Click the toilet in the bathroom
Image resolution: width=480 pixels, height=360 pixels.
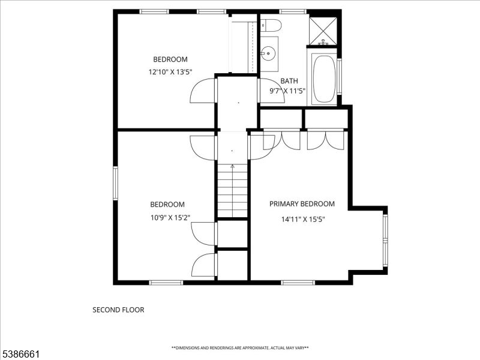coord(271,25)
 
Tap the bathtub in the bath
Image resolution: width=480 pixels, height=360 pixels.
coord(324,79)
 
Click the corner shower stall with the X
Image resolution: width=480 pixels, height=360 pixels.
coord(323,29)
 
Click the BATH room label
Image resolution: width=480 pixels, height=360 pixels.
coord(289,80)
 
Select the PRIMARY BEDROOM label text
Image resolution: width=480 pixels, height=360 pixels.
coord(302,204)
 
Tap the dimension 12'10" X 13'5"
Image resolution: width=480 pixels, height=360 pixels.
coord(170,72)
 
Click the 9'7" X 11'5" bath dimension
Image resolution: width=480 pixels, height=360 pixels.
coord(287,91)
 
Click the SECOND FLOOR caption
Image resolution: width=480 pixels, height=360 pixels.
coord(118,310)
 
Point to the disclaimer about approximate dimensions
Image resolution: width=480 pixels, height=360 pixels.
coord(240,348)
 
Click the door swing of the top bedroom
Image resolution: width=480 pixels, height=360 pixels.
coord(203,92)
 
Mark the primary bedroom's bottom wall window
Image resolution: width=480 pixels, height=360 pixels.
coord(298,282)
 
